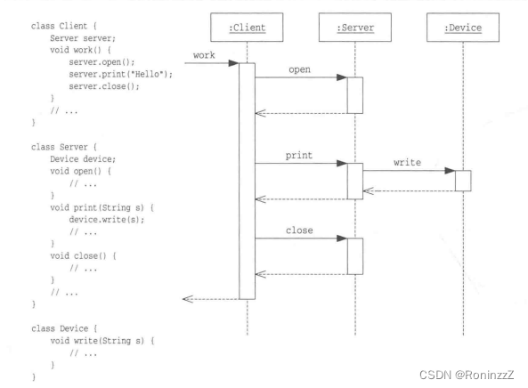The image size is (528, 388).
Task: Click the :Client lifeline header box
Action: pyautogui.click(x=248, y=28)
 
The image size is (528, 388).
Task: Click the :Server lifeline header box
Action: pyautogui.click(x=353, y=28)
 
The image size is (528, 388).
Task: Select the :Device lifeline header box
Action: pyautogui.click(x=462, y=28)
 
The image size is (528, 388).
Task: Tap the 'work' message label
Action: pyautogui.click(x=206, y=56)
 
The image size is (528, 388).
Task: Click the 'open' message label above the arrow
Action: pyautogui.click(x=300, y=69)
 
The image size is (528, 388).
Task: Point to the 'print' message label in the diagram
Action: pyautogui.click(x=298, y=155)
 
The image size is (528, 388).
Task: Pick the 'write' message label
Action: pyautogui.click(x=407, y=163)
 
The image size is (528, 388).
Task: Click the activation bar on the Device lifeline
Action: pyautogui.click(x=463, y=180)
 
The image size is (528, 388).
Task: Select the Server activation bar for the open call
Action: pyautogui.click(x=354, y=94)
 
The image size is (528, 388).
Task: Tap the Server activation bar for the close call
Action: pyautogui.click(x=354, y=255)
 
